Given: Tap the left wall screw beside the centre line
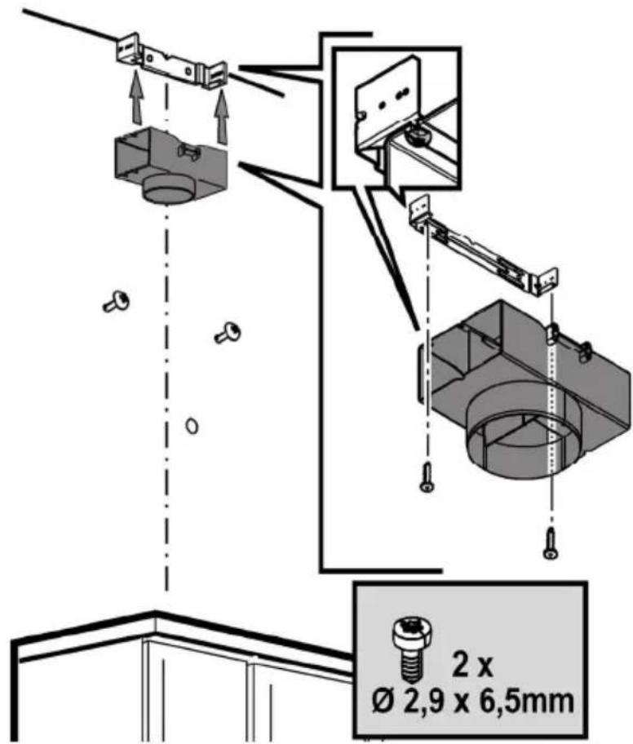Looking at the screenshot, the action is click(x=117, y=302).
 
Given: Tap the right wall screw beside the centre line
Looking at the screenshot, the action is click(x=228, y=333).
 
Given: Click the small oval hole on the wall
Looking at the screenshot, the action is click(x=192, y=425).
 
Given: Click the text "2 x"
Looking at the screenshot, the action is click(x=471, y=666).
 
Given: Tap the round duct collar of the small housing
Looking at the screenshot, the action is click(x=167, y=188).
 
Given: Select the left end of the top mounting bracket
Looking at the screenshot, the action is click(x=129, y=49).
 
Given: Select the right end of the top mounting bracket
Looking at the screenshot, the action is click(x=215, y=74).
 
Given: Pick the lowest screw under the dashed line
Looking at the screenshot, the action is click(x=551, y=542).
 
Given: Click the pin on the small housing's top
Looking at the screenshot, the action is click(x=189, y=153).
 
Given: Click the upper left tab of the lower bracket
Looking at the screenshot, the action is click(x=419, y=208).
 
